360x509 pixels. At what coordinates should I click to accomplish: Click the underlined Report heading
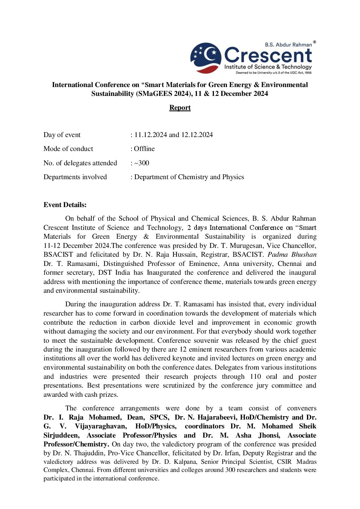click(x=180, y=108)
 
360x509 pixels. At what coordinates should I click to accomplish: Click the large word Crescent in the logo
click(x=268, y=55)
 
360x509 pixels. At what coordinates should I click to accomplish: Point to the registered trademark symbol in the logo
click(x=314, y=42)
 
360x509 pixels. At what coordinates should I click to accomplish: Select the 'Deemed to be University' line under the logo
click(x=274, y=73)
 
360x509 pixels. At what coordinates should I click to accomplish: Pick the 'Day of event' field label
click(x=62, y=135)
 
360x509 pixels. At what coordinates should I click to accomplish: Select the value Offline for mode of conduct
click(x=144, y=149)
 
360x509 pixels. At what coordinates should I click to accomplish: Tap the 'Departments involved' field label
click(x=75, y=177)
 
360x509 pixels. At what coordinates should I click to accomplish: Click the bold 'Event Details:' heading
click(x=65, y=205)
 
